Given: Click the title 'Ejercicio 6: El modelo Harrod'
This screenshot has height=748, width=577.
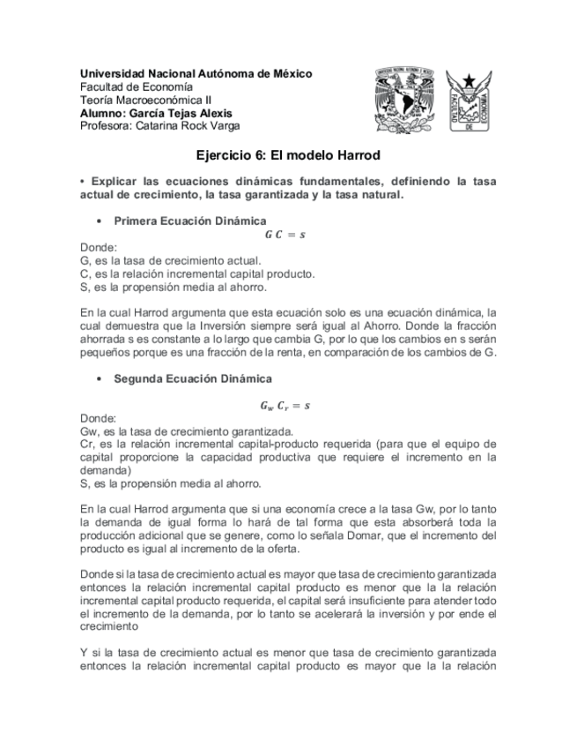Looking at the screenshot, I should click(x=287, y=156).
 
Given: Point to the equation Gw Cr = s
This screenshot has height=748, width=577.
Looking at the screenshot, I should click(x=285, y=405).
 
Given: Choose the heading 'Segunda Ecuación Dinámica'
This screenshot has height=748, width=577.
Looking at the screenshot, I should click(x=193, y=378).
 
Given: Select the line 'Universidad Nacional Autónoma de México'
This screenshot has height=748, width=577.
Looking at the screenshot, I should click(x=196, y=73).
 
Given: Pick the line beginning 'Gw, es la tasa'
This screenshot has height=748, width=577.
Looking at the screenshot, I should click(x=186, y=431).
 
